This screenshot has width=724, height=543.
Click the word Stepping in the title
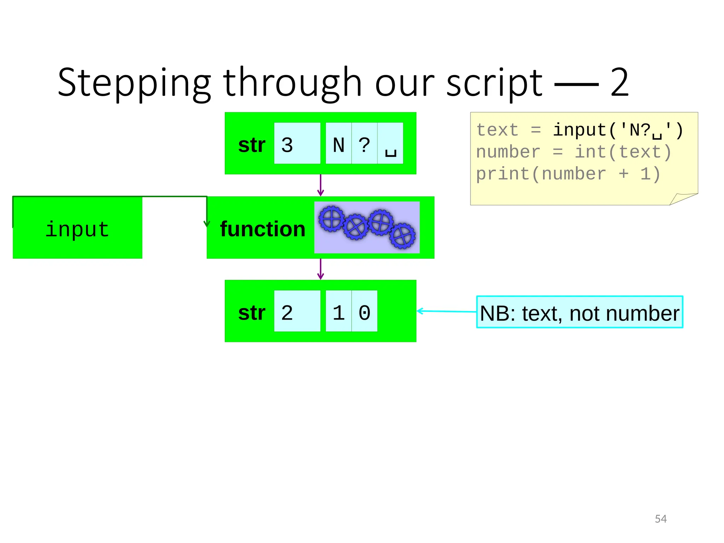pos(134,83)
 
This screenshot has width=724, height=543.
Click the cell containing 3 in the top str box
pos(297,144)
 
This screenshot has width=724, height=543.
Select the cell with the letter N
pos(338,144)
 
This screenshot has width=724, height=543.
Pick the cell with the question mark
pos(364,144)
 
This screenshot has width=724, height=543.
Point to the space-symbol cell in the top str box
pos(390,144)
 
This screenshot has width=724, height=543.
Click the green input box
pos(77,228)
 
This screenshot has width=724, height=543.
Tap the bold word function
pos(262,229)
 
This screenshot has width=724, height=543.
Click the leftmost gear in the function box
pos(331,219)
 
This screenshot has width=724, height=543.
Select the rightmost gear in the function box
pos(403,236)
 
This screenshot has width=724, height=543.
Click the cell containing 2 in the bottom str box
pos(297,311)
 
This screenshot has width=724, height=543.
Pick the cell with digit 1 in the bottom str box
pos(338,311)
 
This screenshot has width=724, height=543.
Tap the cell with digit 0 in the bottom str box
pos(364,311)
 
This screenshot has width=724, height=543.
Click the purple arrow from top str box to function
pos(321,185)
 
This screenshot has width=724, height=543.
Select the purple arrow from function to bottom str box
pos(321,269)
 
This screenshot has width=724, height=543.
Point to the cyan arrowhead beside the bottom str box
pos(420,311)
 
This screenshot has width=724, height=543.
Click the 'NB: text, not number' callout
pos(579,312)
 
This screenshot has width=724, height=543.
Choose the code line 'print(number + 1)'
pos(568,174)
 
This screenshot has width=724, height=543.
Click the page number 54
pos(660,519)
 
